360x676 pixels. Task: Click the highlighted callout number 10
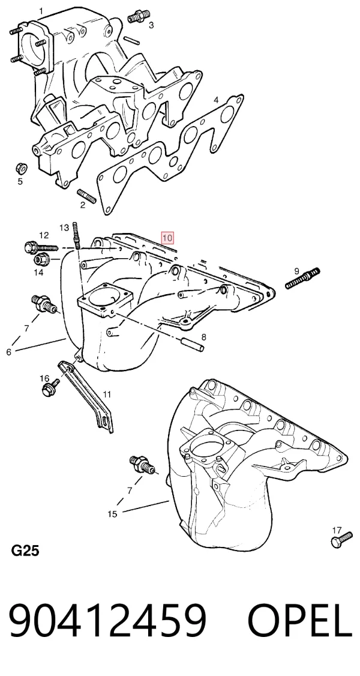(x=167, y=238)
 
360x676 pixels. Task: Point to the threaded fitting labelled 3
(x=136, y=17)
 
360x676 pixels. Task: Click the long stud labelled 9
(x=303, y=278)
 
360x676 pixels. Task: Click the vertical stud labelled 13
(x=76, y=235)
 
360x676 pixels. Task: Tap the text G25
(x=25, y=551)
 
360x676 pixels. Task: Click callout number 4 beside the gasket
(x=216, y=100)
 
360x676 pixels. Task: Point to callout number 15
(x=112, y=514)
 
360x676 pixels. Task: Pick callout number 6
(x=8, y=352)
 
